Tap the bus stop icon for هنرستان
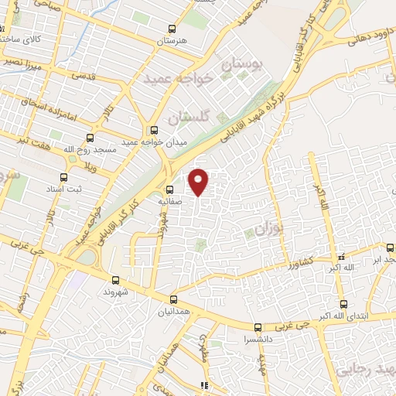pos(171,30)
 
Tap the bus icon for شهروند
pos(115,280)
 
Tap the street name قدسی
pos(82,77)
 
